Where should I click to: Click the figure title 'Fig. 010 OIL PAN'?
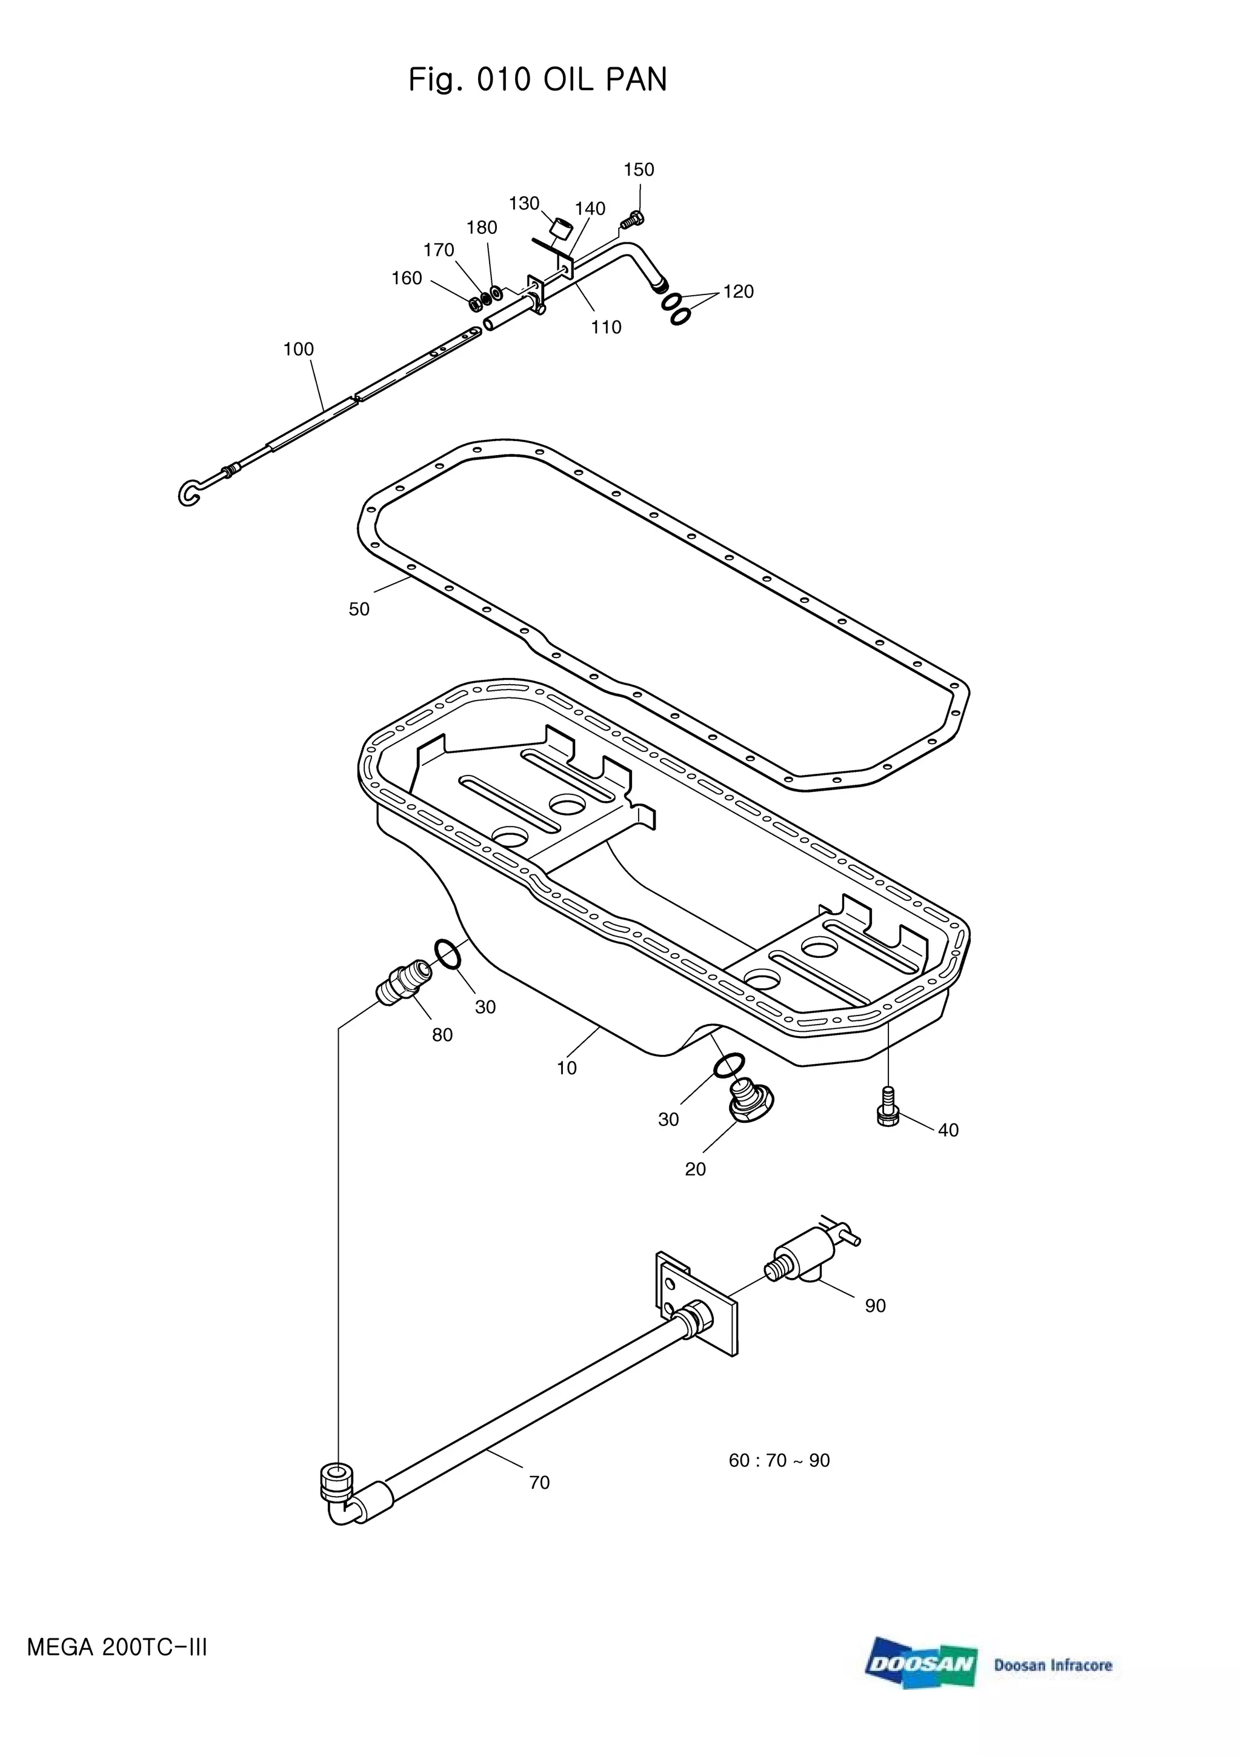click(537, 79)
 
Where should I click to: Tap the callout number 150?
click(639, 170)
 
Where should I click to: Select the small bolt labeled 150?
click(631, 221)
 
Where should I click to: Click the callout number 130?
click(525, 204)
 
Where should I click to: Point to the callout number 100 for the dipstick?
click(298, 350)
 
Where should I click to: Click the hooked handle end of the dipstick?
click(191, 493)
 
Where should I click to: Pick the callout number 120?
click(738, 291)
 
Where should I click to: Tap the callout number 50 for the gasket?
click(359, 610)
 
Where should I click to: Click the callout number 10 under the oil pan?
click(567, 1068)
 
